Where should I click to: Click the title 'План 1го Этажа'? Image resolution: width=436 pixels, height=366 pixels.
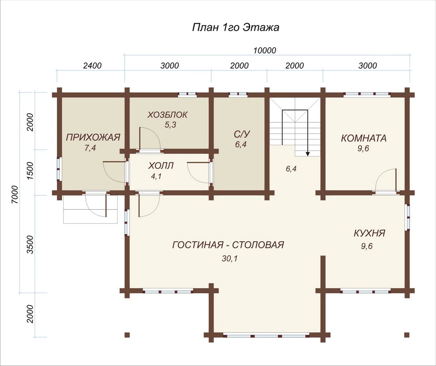coord(236,27)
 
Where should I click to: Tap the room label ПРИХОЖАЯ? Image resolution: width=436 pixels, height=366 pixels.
coord(93,137)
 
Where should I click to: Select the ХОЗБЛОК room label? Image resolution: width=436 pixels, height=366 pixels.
coord(168,115)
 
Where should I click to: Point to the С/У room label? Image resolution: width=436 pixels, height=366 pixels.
coord(242,134)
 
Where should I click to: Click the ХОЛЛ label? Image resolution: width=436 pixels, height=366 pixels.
coord(161,166)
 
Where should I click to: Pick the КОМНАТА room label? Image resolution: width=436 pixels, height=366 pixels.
coord(364,138)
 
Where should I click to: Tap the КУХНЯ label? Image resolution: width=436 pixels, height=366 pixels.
coord(369,233)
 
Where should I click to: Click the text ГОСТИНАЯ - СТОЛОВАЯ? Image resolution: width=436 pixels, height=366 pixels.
coord(228,245)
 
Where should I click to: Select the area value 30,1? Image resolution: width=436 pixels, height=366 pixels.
coord(230,259)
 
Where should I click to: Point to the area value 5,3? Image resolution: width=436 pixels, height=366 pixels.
coord(170,125)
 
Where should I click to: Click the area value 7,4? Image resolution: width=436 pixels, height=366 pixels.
coord(90,148)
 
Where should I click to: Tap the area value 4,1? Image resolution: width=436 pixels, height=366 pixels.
coord(156,176)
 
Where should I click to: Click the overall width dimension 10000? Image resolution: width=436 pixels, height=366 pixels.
coord(265,50)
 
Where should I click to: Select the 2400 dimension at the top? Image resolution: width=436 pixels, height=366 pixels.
coord(92,66)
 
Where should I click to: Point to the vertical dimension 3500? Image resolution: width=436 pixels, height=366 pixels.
coord(30,245)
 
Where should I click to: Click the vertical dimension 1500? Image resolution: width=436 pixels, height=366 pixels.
coord(30,171)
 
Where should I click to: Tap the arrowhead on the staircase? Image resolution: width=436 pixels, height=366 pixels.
coord(307,154)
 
